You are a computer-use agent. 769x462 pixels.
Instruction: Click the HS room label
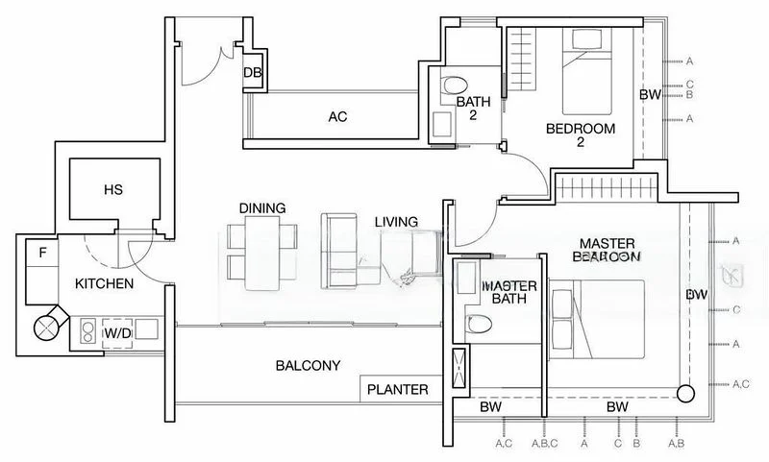click(x=113, y=191)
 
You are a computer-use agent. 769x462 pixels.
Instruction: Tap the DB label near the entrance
click(x=253, y=73)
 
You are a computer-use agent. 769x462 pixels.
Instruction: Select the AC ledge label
click(x=336, y=117)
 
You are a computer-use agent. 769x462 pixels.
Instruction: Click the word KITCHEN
click(x=105, y=284)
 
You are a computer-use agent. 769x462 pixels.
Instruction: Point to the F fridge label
click(x=42, y=255)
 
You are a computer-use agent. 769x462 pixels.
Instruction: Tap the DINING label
click(x=262, y=208)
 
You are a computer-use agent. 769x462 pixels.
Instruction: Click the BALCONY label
click(x=307, y=366)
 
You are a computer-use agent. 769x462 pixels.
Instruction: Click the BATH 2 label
click(x=474, y=108)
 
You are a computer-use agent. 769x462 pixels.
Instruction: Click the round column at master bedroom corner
click(x=684, y=394)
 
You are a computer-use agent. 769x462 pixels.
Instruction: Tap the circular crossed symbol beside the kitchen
click(x=47, y=328)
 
